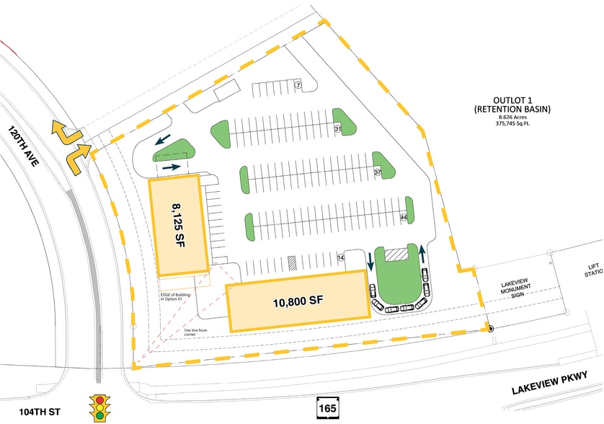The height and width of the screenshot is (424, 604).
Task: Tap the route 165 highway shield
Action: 324,409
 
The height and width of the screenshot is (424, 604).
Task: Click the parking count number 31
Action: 337,129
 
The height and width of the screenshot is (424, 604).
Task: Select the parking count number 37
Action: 377,173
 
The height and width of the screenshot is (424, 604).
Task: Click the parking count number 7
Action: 298,86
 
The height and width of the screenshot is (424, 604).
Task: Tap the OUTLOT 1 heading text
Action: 512,100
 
